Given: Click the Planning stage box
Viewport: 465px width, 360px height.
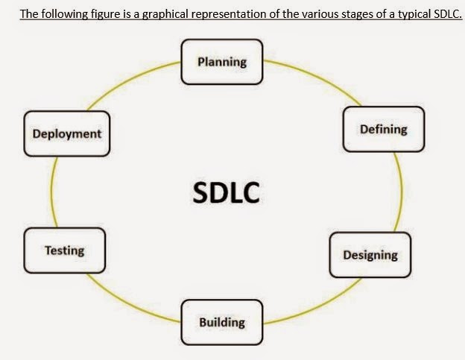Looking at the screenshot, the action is pos(222,61).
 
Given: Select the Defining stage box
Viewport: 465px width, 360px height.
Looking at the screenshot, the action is pos(383,129).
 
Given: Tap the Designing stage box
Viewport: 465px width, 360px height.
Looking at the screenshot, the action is pos(370,255).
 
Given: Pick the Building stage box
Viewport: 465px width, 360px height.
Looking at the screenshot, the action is pos(222,322).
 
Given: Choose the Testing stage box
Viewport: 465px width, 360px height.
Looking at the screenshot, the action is pos(64,250).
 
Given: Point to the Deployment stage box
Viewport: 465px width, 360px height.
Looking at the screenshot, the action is pos(66,134).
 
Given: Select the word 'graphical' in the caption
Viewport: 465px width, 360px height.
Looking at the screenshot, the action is pos(162,13).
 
